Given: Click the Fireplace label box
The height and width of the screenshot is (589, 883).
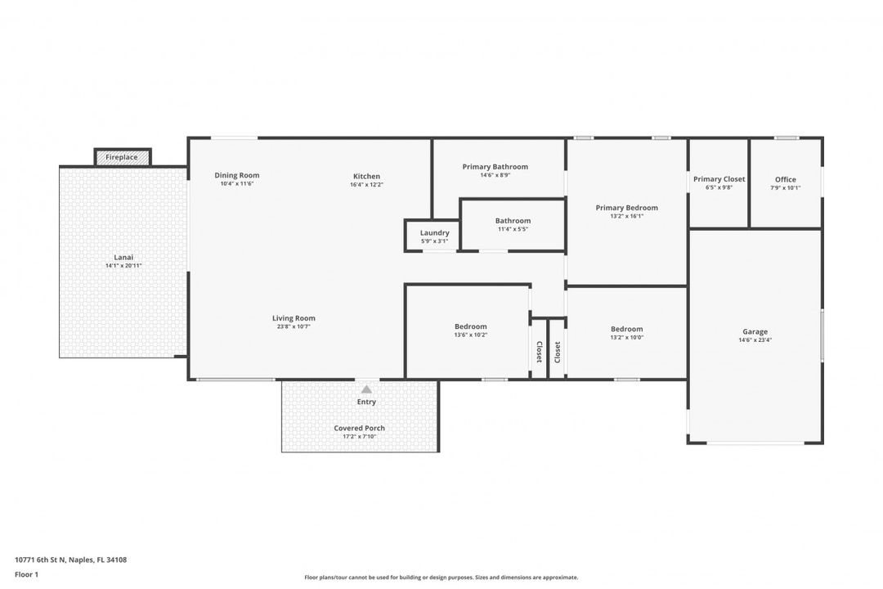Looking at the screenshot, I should (122, 157).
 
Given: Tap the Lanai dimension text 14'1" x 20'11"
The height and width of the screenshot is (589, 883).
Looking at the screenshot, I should (123, 266).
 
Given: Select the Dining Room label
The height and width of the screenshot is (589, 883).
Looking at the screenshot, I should (237, 175).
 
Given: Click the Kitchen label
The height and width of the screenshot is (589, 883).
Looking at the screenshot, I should (366, 176).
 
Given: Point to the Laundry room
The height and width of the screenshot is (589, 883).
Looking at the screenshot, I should (434, 236).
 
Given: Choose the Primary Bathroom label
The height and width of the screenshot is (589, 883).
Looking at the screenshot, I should (495, 166).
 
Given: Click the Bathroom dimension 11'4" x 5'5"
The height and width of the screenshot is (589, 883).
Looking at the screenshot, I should (513, 229).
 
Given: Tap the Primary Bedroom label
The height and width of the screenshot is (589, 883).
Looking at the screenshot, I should (626, 208).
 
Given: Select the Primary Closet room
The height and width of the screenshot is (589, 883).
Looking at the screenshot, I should (719, 182).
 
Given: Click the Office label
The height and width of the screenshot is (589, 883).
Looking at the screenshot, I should (785, 179).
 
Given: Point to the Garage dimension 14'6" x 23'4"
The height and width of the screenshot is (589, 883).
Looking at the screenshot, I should (755, 339).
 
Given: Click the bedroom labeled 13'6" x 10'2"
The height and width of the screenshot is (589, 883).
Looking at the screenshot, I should (470, 330).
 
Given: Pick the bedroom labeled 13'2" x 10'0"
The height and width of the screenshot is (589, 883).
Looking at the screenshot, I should (626, 332).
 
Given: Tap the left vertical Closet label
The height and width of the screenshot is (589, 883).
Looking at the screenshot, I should (539, 352).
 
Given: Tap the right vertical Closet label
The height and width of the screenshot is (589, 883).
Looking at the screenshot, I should (558, 352).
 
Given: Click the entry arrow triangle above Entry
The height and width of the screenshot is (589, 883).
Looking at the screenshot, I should (366, 389).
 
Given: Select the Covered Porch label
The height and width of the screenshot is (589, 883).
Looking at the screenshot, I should (359, 428).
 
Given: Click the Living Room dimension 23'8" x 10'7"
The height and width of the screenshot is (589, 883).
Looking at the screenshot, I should (294, 326).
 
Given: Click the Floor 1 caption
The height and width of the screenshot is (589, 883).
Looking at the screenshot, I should (26, 574).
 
